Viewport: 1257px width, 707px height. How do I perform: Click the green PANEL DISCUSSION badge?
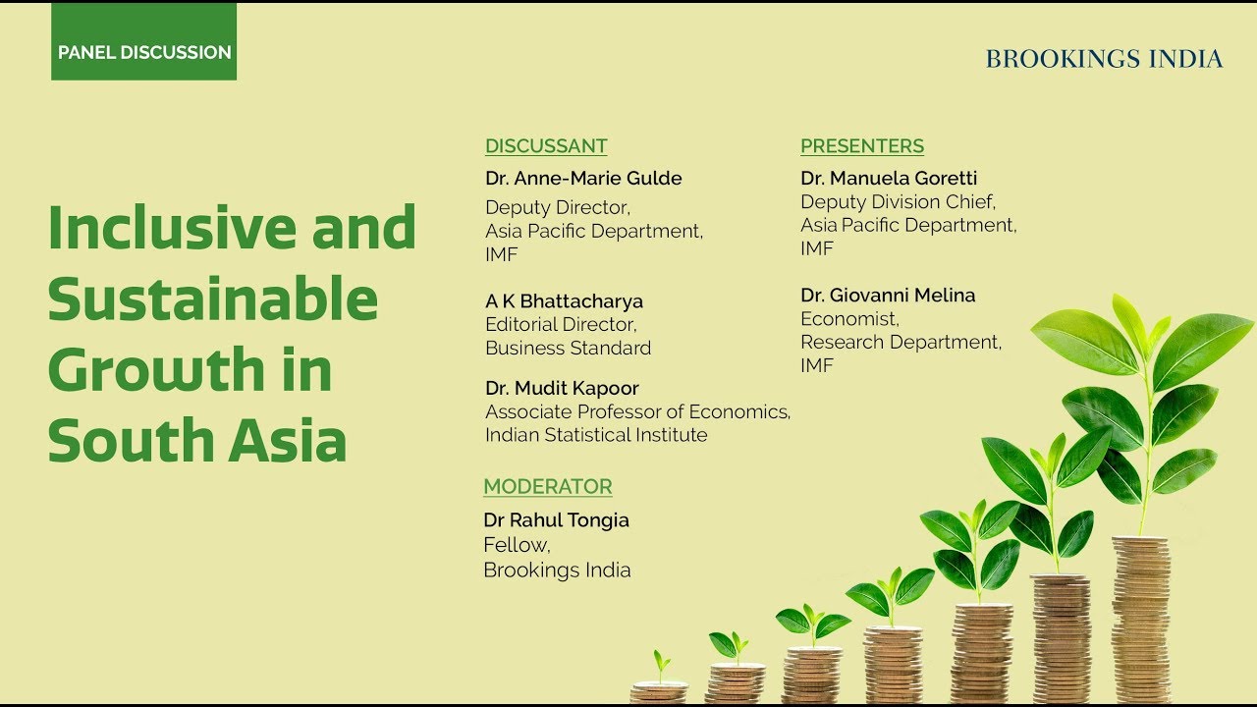[x=143, y=41]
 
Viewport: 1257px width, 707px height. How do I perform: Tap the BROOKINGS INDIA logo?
[x=1104, y=59]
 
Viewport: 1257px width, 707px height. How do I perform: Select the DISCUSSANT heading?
[x=546, y=146]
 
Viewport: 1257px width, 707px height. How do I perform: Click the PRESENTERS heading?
[x=862, y=146]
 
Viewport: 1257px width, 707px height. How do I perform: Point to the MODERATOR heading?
[x=548, y=486]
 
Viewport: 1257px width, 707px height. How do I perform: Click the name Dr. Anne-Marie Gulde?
[x=583, y=179]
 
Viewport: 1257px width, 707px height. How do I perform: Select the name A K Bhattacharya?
[x=564, y=301]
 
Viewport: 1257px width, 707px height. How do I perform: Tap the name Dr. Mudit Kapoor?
[x=562, y=388]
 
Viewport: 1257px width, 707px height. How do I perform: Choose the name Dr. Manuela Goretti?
[x=889, y=179]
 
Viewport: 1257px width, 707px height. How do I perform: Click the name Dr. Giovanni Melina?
[x=888, y=296]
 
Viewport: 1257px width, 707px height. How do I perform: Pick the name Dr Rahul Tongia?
[x=556, y=520]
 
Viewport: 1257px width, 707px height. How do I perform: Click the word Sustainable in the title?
[x=213, y=299]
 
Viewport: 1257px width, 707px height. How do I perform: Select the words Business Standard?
[x=568, y=348]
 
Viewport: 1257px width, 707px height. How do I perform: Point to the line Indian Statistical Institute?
[x=596, y=435]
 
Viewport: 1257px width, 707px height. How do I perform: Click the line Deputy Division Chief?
[x=898, y=202]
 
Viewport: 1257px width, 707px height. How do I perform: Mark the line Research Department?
[x=901, y=343]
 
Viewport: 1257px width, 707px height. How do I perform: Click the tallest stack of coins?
[x=1141, y=621]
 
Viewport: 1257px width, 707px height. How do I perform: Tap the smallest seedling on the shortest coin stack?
[x=661, y=666]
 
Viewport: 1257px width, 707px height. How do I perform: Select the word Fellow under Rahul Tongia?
[x=517, y=545]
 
